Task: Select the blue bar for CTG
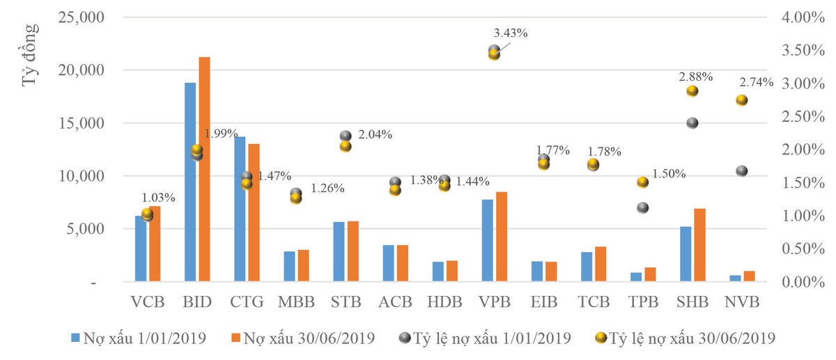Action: click(240, 210)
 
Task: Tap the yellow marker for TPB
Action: click(643, 182)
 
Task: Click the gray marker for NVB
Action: click(741, 171)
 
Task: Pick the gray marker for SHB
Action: click(692, 123)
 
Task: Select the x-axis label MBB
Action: click(295, 303)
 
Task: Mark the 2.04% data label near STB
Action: click(376, 135)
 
